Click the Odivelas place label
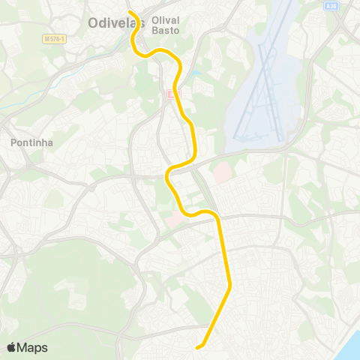pos(115,22)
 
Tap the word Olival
pos(165,20)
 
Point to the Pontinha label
pos(31,142)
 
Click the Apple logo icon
pos(11,347)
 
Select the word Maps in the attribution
pos(33,347)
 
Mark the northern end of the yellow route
pos(129,12)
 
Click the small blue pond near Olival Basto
pos(196,74)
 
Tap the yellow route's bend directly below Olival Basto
pos(161,52)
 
